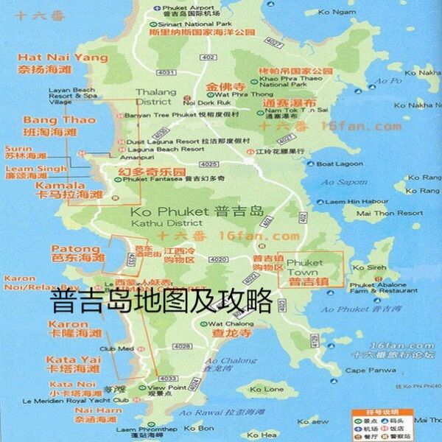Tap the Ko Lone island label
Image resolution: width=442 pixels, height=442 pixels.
266,389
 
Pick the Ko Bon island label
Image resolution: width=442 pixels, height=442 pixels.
199,428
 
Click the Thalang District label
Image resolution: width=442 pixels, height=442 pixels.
152,97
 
